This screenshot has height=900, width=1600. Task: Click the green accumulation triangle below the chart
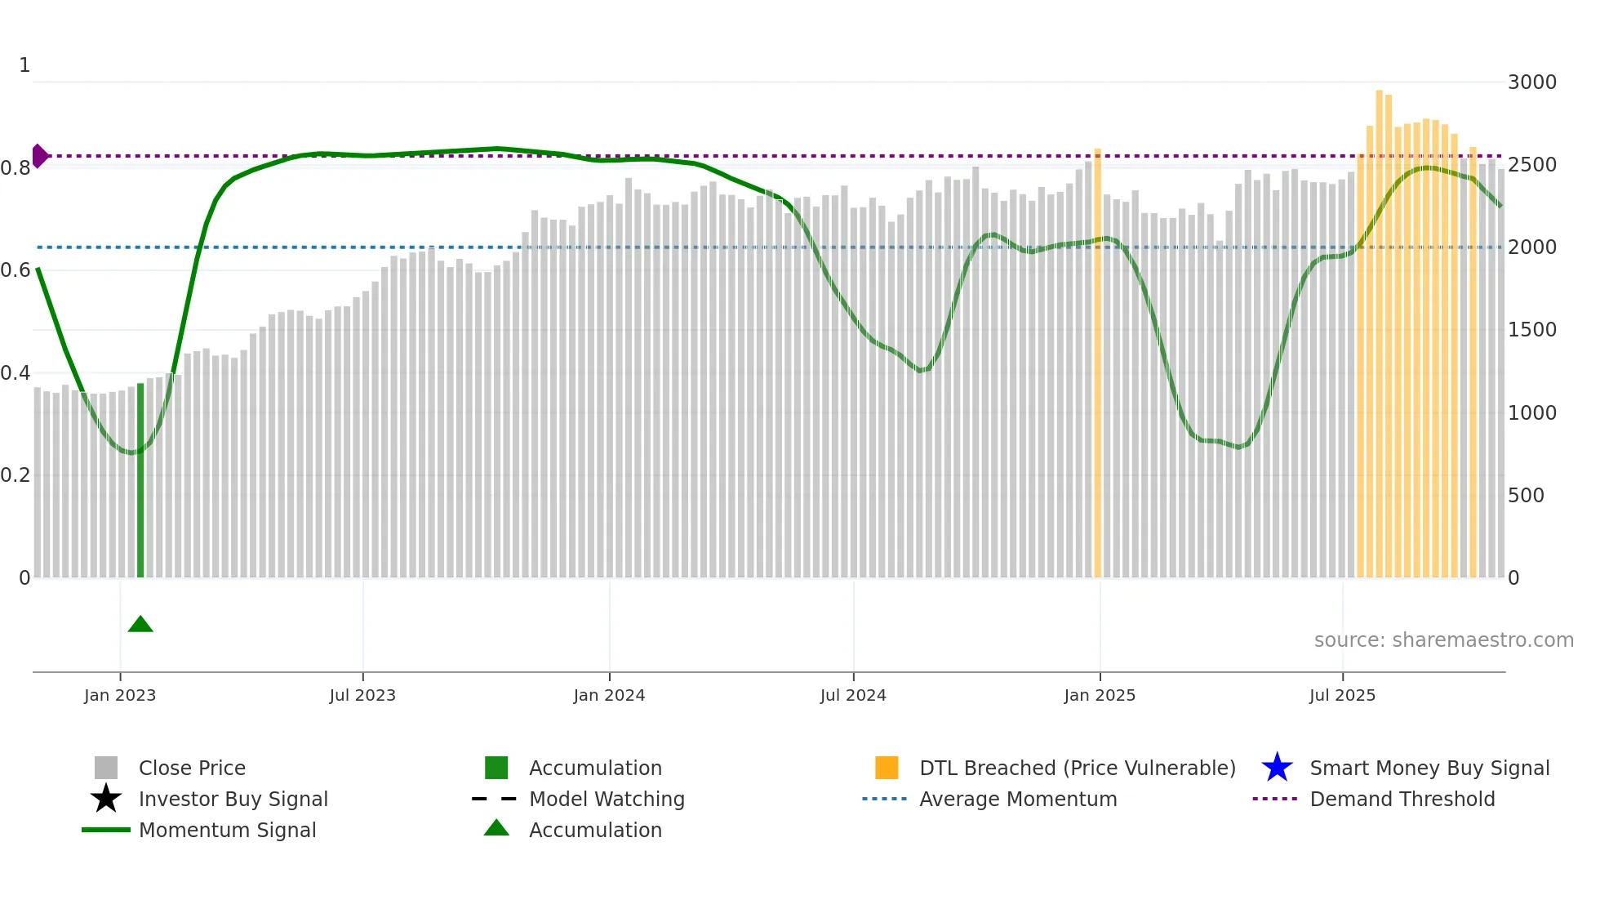[140, 625]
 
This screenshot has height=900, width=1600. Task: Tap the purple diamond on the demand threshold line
[39, 155]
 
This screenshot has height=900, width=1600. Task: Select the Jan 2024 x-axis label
[609, 695]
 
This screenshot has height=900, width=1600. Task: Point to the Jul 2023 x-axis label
[362, 695]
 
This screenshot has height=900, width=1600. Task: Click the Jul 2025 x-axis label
[1342, 695]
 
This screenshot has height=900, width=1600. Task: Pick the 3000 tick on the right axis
[1531, 82]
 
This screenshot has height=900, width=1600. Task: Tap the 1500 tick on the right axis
[1531, 330]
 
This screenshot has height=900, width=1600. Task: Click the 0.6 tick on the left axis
[16, 270]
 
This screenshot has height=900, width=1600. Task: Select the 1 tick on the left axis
[24, 65]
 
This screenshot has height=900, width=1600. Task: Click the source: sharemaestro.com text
[1443, 640]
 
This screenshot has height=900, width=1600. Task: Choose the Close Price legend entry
[192, 769]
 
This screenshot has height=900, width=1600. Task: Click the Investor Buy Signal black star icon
[106, 799]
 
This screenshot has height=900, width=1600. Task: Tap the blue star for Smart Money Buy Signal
[1277, 768]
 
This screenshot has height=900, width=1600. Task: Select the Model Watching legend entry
[607, 800]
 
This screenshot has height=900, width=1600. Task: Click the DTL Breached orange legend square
[887, 768]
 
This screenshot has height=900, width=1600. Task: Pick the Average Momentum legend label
[1018, 800]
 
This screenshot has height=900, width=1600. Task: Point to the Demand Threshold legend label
[1402, 800]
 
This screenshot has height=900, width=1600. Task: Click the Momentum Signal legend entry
[227, 831]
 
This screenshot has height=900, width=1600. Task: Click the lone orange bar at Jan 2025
[1097, 363]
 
